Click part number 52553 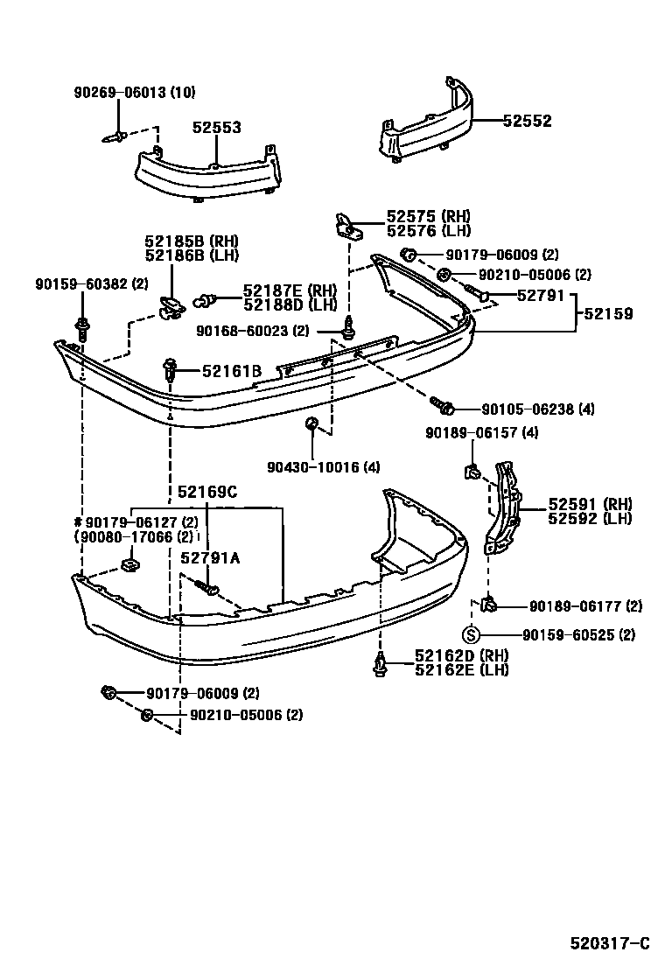pyautogui.click(x=216, y=128)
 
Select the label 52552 pyautogui.click(x=527, y=122)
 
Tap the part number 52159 pyautogui.click(x=609, y=314)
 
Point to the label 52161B pyautogui.click(x=231, y=371)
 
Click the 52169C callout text pyautogui.click(x=207, y=493)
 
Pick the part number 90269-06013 pyautogui.click(x=120, y=93)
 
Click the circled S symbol pyautogui.click(x=470, y=635)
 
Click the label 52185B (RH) pyautogui.click(x=192, y=241)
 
